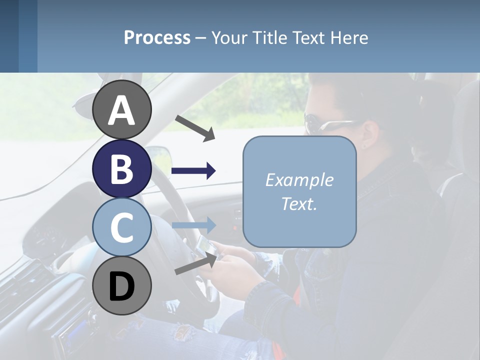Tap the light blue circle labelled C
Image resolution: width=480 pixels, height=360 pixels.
[121, 227]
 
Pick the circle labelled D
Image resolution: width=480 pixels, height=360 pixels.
[121, 285]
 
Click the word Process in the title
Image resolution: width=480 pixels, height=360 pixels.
[157, 37]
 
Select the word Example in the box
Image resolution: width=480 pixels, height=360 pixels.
[299, 180]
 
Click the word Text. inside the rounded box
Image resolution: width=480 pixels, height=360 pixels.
[299, 203]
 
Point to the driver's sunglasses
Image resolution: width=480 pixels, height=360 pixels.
[325, 123]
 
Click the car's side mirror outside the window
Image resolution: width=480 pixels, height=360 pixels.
[158, 152]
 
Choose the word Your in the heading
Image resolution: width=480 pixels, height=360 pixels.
[226, 37]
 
